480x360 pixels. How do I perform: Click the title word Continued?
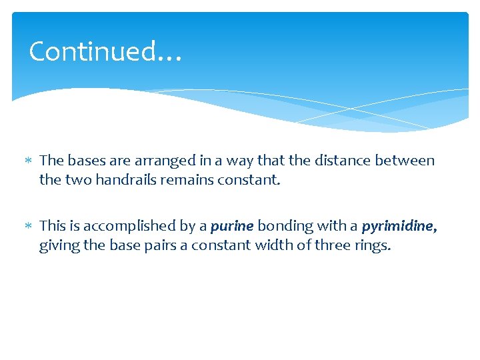pyautogui.click(x=93, y=51)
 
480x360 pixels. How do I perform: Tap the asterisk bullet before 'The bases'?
pyautogui.click(x=28, y=161)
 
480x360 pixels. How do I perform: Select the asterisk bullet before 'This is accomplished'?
pyautogui.click(x=28, y=227)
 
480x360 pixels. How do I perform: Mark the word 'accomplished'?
pyautogui.click(x=127, y=227)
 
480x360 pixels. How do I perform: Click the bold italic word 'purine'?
pyautogui.click(x=232, y=227)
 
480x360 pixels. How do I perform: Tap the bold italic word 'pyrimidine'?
pyautogui.click(x=399, y=227)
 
